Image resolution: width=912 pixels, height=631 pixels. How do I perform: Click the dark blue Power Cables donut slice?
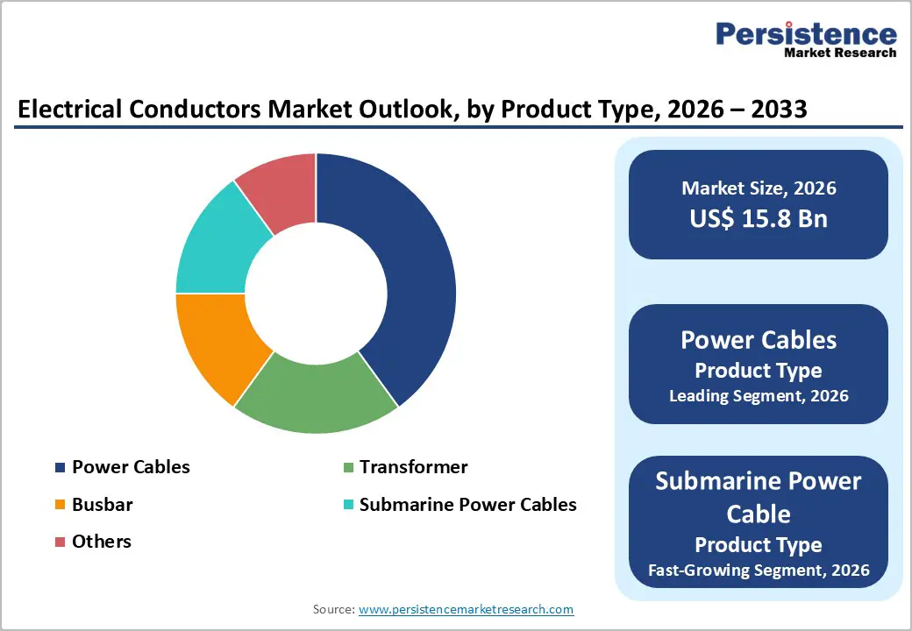412,280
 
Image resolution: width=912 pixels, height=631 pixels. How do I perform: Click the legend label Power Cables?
131,467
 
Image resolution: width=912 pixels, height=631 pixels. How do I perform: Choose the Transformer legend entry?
413,467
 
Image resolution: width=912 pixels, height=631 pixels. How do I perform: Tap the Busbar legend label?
102,505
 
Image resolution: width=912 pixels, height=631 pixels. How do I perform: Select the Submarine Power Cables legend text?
467,505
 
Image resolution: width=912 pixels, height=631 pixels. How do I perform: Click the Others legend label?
102,542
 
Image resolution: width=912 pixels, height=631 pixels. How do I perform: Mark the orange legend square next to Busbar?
60,505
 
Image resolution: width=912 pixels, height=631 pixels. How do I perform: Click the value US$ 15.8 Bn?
759,218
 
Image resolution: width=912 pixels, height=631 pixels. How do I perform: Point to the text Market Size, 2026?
759,188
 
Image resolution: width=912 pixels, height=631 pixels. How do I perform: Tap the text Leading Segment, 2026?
759,395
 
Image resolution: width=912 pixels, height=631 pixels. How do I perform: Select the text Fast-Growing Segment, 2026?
759,570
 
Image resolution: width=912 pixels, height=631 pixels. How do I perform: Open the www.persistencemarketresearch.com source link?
466,608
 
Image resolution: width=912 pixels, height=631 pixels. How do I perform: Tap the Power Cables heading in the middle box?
759,340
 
